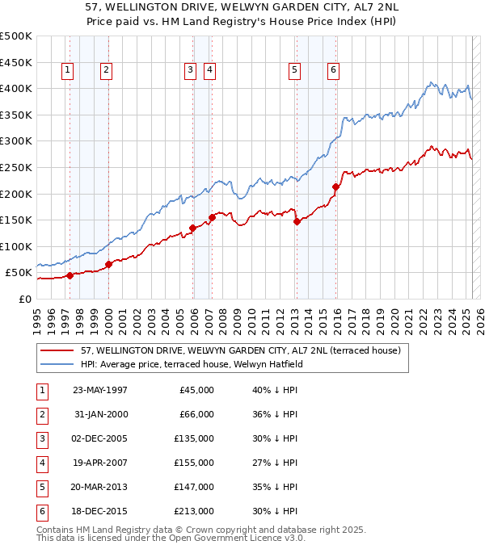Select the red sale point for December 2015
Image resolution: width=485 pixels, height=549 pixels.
[335, 186]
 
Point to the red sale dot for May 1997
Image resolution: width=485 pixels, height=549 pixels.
[70, 275]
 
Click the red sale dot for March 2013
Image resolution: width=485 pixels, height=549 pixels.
[296, 221]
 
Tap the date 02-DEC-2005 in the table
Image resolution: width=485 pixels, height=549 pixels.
[100, 438]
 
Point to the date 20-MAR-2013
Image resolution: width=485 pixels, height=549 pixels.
[100, 487]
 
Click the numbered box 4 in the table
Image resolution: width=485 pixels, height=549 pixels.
[40, 463]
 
